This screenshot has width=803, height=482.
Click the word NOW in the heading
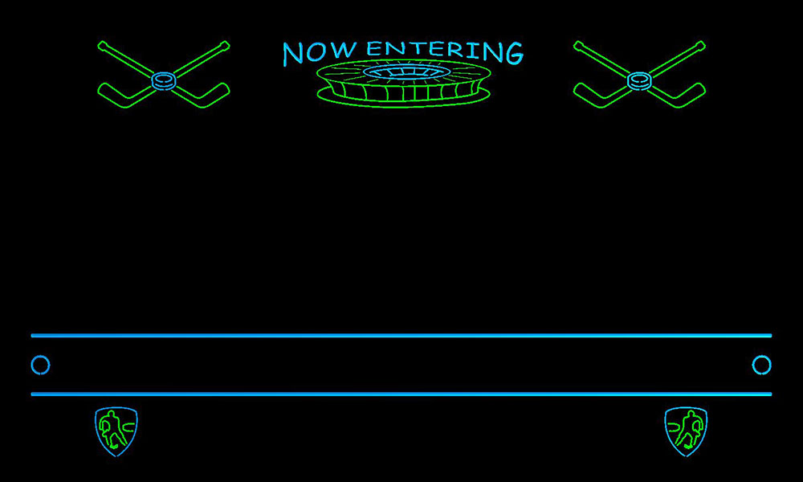[320, 52]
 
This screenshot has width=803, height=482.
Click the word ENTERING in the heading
[445, 51]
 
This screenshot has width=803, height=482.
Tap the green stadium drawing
[404, 84]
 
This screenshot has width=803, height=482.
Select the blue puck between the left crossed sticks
[164, 81]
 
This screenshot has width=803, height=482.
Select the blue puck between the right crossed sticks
[640, 81]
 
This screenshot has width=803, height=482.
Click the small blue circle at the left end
[40, 366]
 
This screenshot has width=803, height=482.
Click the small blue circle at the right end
[761, 366]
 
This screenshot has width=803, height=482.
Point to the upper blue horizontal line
[401, 336]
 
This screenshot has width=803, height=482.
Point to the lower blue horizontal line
[401, 394]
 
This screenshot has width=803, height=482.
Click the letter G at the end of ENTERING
[514, 53]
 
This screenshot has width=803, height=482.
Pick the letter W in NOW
[344, 50]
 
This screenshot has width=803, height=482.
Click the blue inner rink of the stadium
[405, 71]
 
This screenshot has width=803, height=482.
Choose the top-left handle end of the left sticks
[103, 46]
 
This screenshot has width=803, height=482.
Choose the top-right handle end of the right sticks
[700, 46]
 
